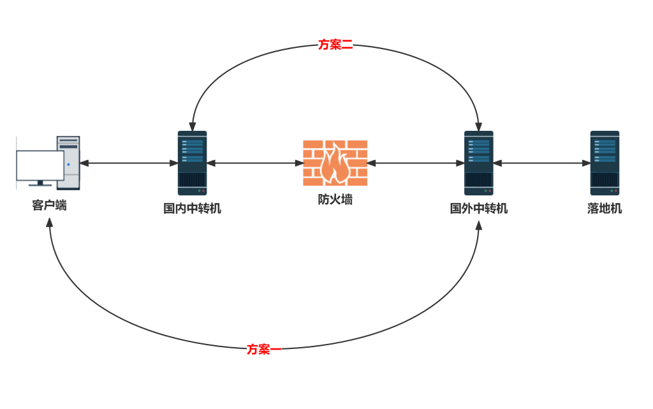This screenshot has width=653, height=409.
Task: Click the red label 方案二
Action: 335,44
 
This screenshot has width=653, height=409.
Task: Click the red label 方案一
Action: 263,349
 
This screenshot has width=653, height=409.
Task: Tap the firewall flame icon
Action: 335,163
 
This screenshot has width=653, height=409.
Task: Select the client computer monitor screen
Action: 40,165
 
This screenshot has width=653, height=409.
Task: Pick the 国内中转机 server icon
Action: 192,163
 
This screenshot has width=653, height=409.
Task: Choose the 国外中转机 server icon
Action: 478,163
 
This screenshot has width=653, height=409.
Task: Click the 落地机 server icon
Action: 605,163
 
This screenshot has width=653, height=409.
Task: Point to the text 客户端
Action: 49,205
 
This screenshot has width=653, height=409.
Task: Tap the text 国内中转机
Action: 192,208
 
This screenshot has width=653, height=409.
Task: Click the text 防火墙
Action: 335,200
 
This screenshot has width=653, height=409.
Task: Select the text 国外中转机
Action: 478,208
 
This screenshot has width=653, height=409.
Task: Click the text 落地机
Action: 605,208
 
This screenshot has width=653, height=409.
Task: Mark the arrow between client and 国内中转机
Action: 128,163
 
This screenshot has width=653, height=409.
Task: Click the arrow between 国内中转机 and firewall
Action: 255,163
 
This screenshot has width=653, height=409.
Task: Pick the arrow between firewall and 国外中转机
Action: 416,163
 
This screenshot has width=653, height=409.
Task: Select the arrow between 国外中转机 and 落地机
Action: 542,163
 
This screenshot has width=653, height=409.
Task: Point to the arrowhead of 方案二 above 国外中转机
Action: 478,126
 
